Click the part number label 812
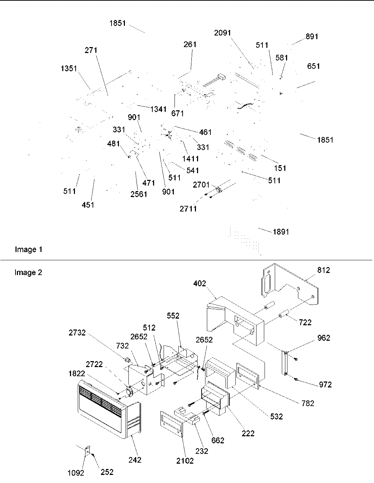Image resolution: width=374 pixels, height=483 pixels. coord(323,270)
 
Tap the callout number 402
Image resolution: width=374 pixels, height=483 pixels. coord(199,283)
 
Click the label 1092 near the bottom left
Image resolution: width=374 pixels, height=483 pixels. coord(76,473)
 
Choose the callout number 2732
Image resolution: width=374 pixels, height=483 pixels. coord(77,333)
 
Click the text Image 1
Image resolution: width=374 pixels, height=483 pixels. coord(28,250)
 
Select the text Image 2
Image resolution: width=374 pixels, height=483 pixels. coord(28,273)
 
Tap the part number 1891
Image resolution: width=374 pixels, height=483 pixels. coord(280,232)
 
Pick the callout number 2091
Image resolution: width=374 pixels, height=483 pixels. coord(222,33)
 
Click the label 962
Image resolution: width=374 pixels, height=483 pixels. coord(323,338)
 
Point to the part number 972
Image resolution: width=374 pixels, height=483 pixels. coord(325,385)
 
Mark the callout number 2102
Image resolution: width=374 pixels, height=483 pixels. coord(185,461)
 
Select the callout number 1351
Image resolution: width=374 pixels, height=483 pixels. coord(69,68)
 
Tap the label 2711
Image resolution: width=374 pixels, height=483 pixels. coord(188,209)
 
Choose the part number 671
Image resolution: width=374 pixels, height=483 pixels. coord(178,113)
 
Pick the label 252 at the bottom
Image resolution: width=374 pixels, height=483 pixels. coord(107,472)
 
